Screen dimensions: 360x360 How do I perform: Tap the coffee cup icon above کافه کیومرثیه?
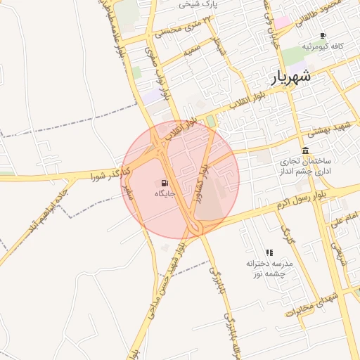(323, 35)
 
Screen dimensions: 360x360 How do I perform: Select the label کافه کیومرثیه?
(323, 46)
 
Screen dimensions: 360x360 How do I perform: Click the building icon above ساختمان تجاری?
(305, 150)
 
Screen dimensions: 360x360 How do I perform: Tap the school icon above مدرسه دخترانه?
(269, 252)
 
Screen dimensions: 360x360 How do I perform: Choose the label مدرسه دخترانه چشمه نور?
(268, 268)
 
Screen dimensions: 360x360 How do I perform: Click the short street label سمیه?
(192, 51)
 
